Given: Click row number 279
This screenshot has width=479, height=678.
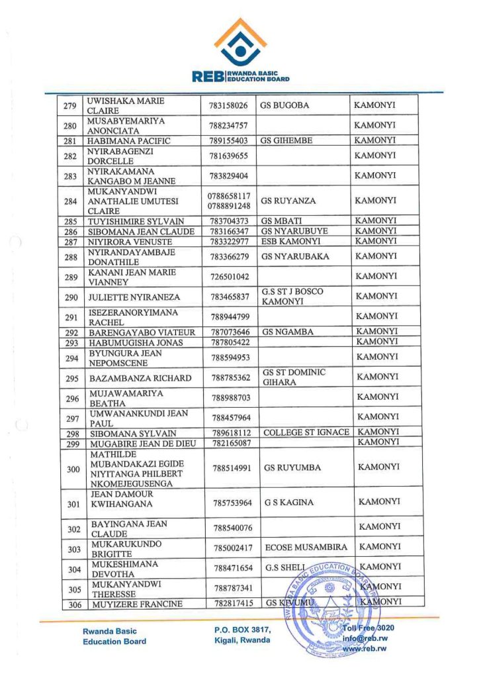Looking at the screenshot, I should click(x=69, y=105).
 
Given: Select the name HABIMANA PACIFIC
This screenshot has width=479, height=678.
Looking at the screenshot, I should click(x=130, y=141).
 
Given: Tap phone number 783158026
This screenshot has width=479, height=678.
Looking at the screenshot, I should click(x=229, y=105).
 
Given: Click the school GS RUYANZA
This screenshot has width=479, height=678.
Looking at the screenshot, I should click(x=288, y=201).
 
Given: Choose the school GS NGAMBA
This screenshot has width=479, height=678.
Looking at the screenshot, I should click(x=288, y=332).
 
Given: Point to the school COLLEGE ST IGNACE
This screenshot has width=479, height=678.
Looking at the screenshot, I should click(x=306, y=432).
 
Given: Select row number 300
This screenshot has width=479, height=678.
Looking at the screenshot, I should click(x=70, y=468).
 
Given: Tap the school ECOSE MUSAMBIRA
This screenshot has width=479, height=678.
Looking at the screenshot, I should click(x=306, y=548).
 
